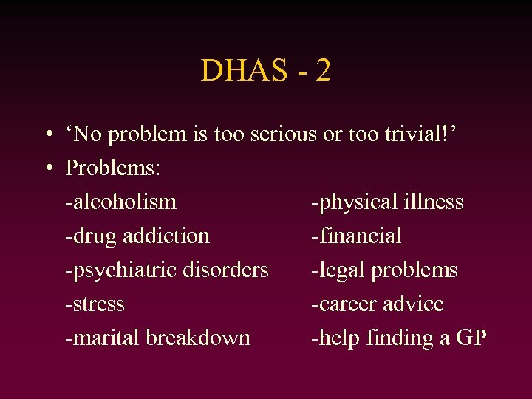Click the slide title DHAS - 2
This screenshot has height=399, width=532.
click(x=265, y=71)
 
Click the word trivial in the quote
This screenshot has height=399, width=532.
click(x=418, y=134)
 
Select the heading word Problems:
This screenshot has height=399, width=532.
click(x=113, y=168)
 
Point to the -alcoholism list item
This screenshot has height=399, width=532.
click(x=120, y=202)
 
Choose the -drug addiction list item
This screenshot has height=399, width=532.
click(x=137, y=236)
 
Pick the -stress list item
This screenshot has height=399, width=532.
click(x=95, y=304)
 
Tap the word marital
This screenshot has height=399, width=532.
click(x=106, y=338)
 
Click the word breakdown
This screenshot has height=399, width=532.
click(x=198, y=338)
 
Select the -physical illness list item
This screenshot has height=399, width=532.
click(x=387, y=202)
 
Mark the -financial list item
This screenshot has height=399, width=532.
click(x=356, y=236)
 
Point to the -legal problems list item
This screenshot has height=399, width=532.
click(x=384, y=270)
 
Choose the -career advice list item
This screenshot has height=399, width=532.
click(x=377, y=304)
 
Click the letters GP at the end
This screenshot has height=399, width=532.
click(x=471, y=338)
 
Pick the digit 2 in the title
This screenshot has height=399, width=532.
click(x=322, y=71)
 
